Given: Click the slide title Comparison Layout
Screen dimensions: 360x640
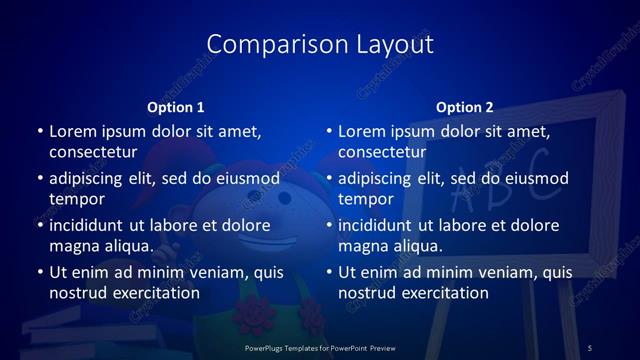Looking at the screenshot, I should pyautogui.click(x=319, y=45).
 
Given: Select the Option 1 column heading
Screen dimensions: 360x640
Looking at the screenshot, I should pyautogui.click(x=175, y=107).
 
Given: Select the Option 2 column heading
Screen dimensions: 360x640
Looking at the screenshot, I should pyautogui.click(x=464, y=107).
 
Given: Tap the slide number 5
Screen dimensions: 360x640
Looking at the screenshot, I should pyautogui.click(x=589, y=347).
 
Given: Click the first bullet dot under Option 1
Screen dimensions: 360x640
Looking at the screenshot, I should pyautogui.click(x=39, y=132).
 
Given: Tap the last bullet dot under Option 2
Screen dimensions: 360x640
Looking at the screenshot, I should pyautogui.click(x=328, y=272).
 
